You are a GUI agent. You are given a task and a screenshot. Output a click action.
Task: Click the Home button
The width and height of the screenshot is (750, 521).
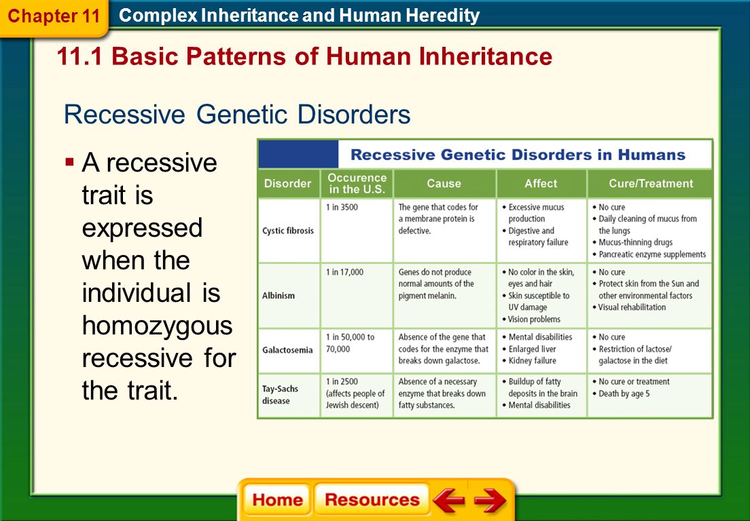pos(277,499)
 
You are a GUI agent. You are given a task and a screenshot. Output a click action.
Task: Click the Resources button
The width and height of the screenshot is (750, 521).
pos(372,499)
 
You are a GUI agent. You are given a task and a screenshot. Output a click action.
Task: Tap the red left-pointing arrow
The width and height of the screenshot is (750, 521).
pos(448,499)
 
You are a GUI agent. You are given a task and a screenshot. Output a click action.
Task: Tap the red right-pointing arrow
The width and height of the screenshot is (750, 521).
pos(490,500)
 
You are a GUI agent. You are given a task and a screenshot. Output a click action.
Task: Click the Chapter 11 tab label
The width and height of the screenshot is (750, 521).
pos(54,16)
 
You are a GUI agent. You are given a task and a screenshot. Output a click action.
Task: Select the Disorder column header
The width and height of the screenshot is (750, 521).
pos(287,183)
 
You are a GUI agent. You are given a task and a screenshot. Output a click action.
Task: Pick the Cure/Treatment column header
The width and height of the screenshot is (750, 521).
pos(651,183)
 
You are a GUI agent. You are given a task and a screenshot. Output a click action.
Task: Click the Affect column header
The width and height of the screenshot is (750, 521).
pos(541,183)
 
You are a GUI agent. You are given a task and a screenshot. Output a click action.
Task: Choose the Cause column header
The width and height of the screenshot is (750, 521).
pos(444,183)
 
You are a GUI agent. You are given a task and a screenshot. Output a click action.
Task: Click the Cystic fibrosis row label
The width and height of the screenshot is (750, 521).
pos(288,231)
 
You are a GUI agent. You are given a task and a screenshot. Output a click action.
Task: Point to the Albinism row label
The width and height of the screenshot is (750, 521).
pos(279,296)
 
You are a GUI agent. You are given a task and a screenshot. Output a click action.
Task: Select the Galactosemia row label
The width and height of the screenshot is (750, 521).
pos(287,350)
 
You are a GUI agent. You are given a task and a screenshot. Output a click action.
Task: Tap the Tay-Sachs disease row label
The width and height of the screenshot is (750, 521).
pos(280,395)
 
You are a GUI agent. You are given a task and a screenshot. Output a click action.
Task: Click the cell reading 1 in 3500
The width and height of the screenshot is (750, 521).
pos(342,208)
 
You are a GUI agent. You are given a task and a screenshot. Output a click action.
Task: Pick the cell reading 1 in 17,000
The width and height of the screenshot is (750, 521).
pos(345,272)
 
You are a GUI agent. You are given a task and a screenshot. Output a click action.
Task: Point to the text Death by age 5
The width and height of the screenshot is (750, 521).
pos(624,393)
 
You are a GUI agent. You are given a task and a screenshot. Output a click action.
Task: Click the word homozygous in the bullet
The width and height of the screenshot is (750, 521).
pos(158,326)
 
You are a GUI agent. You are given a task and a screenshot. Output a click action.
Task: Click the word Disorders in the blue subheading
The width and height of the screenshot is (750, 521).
pos(353,115)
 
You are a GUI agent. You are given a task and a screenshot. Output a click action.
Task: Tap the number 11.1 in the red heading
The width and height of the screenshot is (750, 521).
pos(79,56)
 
